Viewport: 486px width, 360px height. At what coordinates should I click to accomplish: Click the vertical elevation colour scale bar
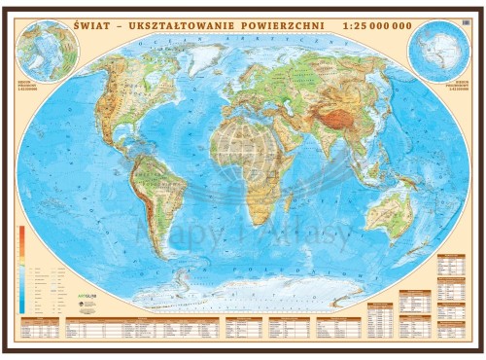(x=20, y=269)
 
